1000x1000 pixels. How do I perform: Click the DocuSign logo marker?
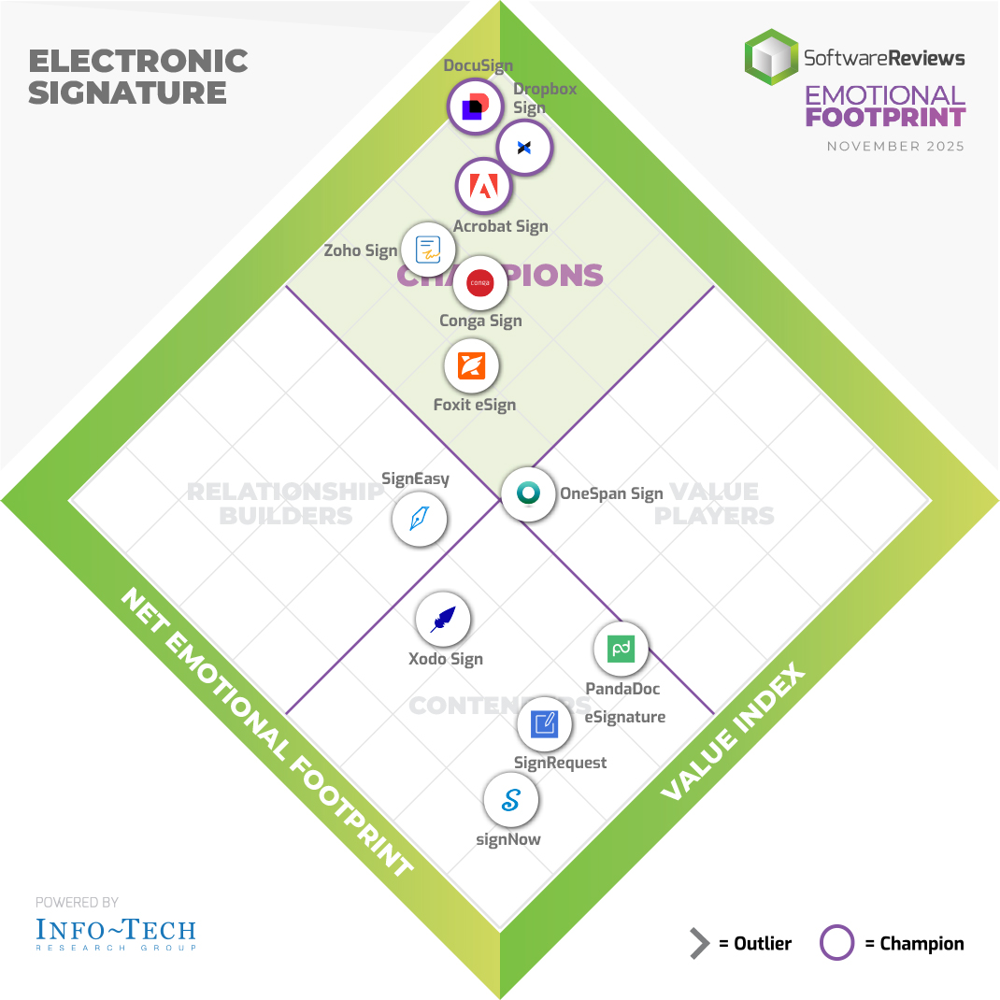point(476,107)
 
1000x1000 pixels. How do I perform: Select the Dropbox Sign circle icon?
point(524,148)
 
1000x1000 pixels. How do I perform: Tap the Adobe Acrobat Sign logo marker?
point(483,187)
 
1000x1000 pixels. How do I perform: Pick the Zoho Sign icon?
point(428,250)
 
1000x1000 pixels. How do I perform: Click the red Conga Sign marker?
point(479,282)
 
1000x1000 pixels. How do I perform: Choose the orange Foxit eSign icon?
point(472,366)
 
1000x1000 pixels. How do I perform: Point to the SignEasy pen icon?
point(420,518)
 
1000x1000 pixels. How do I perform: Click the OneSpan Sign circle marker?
point(529,493)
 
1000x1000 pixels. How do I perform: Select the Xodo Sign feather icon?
point(443,620)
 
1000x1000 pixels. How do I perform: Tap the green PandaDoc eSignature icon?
point(621,649)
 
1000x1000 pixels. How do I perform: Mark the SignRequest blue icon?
point(545,723)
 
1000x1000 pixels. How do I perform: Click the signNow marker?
point(511,801)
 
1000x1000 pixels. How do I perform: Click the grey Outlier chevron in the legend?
point(699,944)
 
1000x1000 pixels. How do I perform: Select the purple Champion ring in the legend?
point(836,943)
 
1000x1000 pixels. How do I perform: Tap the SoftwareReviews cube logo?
point(772,58)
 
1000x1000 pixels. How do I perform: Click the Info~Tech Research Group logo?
point(116,932)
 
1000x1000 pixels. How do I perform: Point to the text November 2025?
point(895,147)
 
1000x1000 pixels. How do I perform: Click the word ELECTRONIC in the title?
point(138,62)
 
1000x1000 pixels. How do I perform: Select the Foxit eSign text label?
point(475,405)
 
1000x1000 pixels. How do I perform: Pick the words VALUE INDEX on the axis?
point(733,733)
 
